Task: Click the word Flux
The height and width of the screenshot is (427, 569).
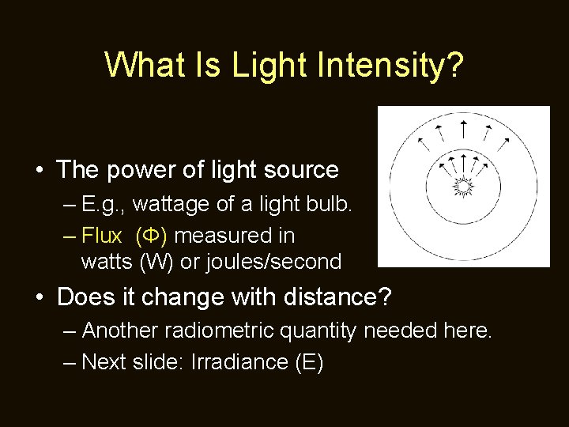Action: (x=102, y=236)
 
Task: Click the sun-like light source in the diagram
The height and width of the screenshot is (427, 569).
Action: (x=463, y=187)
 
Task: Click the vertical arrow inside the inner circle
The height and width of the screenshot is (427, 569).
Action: (x=463, y=164)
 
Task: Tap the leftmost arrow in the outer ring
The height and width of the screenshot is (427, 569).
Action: (x=420, y=142)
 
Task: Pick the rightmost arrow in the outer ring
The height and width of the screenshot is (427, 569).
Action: (x=506, y=142)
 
